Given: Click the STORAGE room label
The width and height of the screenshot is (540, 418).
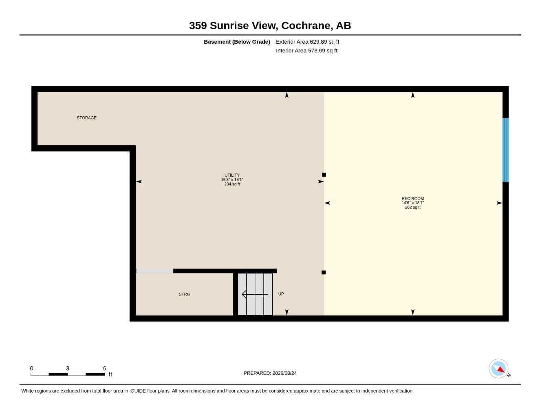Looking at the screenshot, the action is [86, 118].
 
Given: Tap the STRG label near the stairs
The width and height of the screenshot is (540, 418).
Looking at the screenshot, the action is [184, 294].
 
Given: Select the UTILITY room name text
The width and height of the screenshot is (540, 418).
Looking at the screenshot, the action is [232, 175].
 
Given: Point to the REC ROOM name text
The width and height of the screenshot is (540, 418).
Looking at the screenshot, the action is [412, 198].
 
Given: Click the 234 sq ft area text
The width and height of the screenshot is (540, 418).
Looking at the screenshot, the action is [232, 184].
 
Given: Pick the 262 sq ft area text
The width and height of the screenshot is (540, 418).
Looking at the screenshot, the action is [412, 207].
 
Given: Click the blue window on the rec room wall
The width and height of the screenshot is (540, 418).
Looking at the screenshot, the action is [505, 150].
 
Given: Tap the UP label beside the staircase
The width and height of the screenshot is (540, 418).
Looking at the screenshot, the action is [281, 294].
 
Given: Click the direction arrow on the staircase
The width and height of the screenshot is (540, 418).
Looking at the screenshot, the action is [255, 294].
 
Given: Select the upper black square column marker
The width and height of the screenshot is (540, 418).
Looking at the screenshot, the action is [324, 175].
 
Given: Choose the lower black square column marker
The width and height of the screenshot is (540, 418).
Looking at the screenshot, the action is [323, 272].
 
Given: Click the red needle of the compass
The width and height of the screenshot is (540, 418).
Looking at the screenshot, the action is [501, 369].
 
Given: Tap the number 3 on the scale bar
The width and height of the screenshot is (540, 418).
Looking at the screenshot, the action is [67, 368].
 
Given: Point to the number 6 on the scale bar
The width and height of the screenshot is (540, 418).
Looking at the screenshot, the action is [104, 368].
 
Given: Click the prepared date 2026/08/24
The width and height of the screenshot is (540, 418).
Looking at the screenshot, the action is [284, 373].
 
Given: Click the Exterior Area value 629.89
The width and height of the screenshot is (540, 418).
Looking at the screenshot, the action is [318, 42].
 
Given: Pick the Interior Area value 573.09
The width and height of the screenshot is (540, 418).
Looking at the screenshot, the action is [317, 51].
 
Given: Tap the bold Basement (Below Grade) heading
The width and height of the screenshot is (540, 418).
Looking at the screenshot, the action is [237, 42].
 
